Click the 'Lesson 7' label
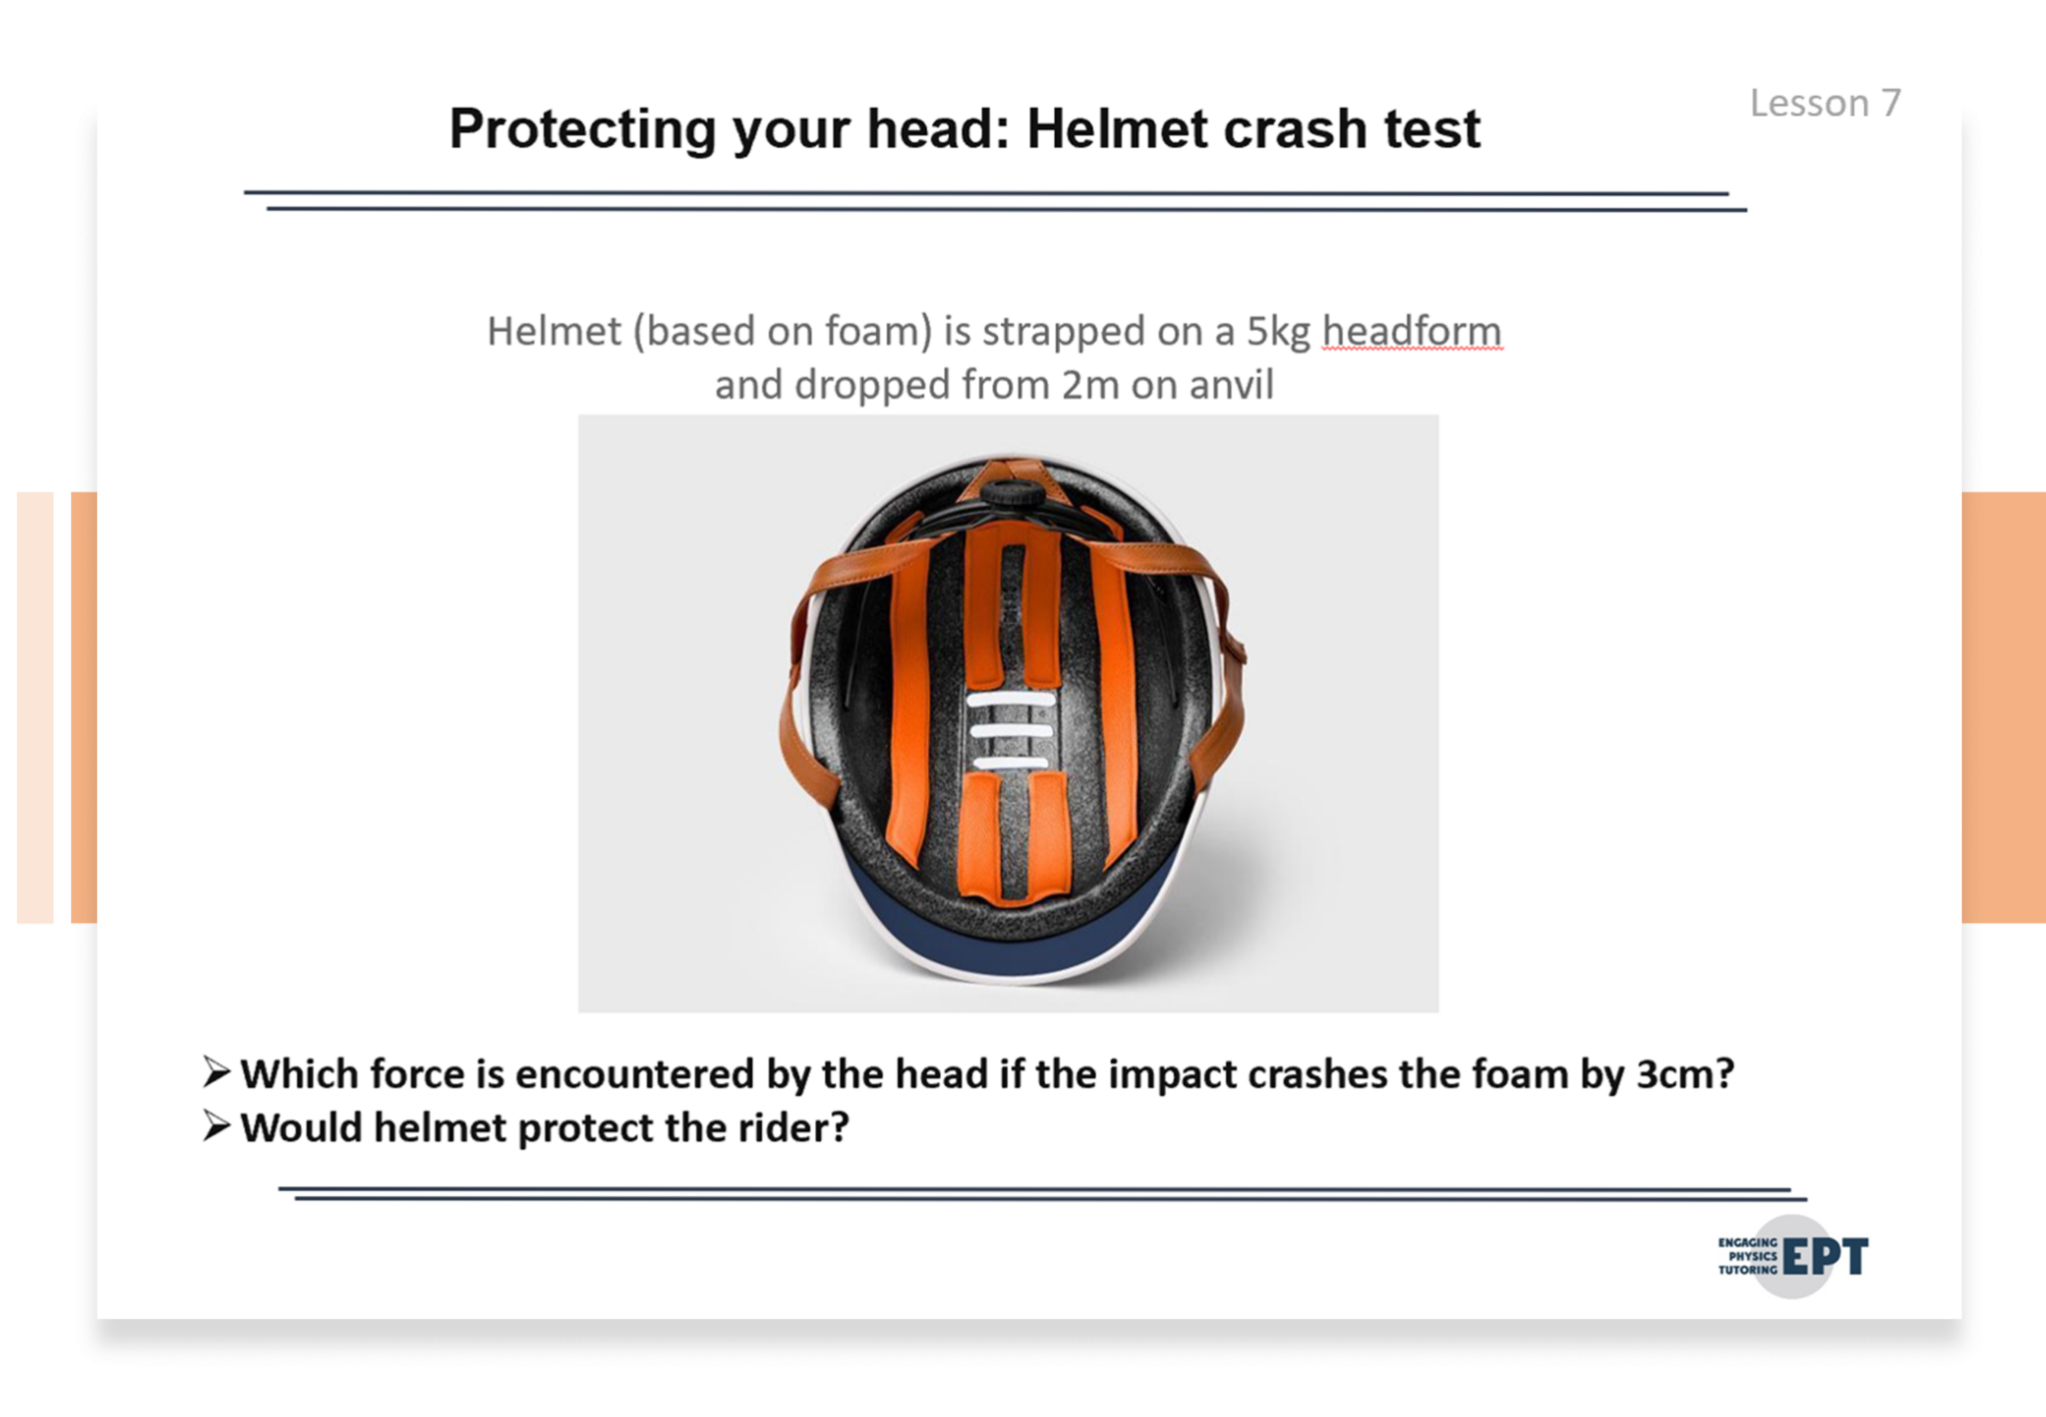point(1825,103)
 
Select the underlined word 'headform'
point(1412,331)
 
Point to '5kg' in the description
point(1278,333)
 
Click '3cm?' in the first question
point(1684,1074)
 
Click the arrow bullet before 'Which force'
point(216,1072)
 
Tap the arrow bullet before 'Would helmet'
point(216,1126)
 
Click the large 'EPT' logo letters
point(1825,1257)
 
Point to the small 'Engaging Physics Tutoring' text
point(1747,1256)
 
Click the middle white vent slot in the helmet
point(1010,731)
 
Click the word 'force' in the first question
point(415,1074)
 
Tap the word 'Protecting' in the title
point(582,131)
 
